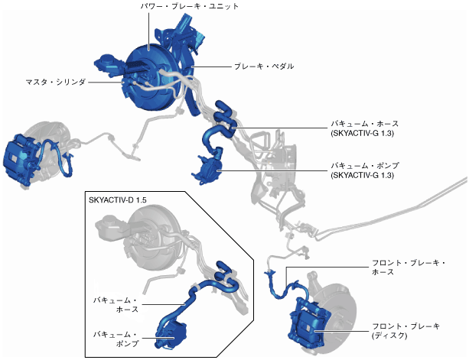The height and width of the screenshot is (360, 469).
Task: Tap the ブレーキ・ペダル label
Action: coord(262,66)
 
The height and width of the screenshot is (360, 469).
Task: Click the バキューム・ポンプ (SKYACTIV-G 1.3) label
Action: coord(364,170)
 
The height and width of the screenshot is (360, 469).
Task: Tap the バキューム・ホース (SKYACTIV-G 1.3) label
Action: coord(364,128)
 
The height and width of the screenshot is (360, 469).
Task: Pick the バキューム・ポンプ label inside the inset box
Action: coord(116,339)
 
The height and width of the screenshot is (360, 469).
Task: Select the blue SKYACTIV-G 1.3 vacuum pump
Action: coord(208,168)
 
